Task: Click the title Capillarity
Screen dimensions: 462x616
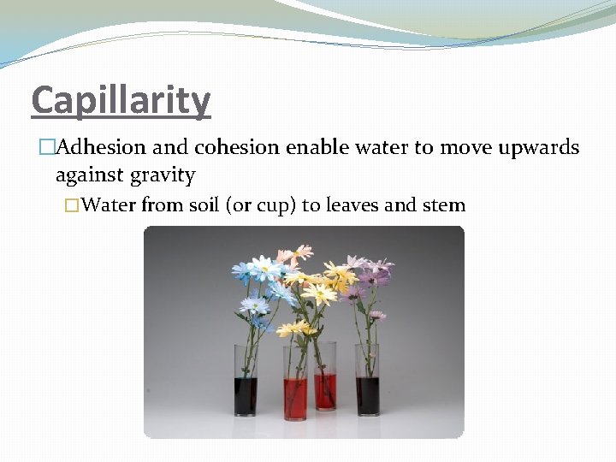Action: pos(121,102)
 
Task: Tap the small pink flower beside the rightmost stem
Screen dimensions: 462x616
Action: pos(376,315)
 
